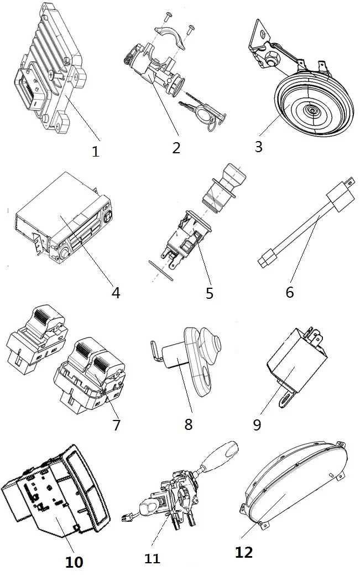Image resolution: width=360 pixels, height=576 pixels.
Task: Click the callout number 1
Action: pos(96,151)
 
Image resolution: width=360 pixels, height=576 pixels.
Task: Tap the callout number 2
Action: pos(176,148)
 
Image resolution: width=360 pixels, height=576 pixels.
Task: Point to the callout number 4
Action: pos(115,292)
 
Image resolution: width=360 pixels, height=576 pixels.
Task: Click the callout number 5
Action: pos(209,292)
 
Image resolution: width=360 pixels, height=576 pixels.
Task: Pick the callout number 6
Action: pos(290,292)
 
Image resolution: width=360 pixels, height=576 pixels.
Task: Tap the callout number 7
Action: pos(116,425)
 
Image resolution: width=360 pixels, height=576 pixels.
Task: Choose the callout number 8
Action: pos(188,425)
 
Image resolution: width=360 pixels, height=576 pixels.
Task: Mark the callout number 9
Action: pos(257,425)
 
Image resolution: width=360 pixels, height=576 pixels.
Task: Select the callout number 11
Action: pos(152,559)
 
